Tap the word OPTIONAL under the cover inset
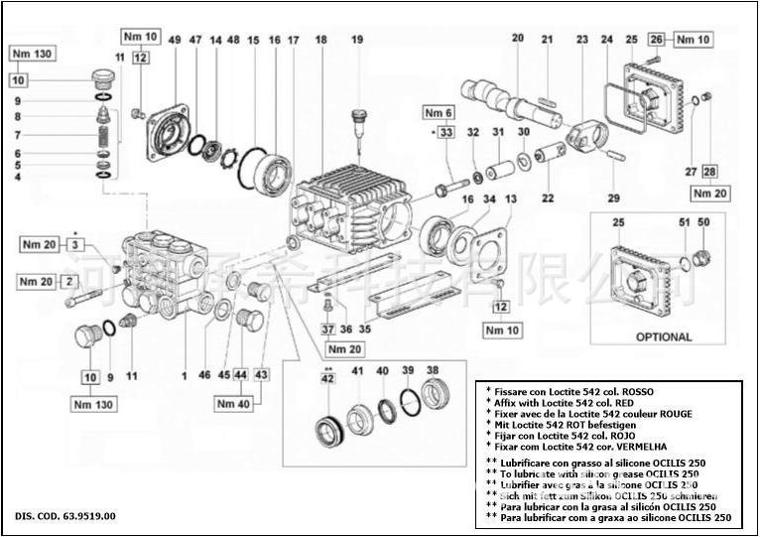[x=664, y=336]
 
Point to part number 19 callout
[x=357, y=40]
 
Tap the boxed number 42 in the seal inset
[x=328, y=377]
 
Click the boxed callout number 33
[x=445, y=132]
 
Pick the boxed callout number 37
[x=328, y=329]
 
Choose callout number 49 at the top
[x=175, y=40]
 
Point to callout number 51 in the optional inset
[x=684, y=222]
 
